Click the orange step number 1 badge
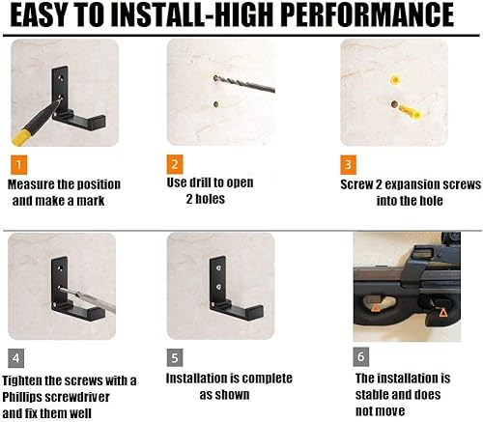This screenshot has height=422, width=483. click(20, 163)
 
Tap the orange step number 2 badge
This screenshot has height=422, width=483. click(176, 163)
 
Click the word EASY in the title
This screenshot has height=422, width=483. click(51, 17)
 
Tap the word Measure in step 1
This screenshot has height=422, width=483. click(33, 183)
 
